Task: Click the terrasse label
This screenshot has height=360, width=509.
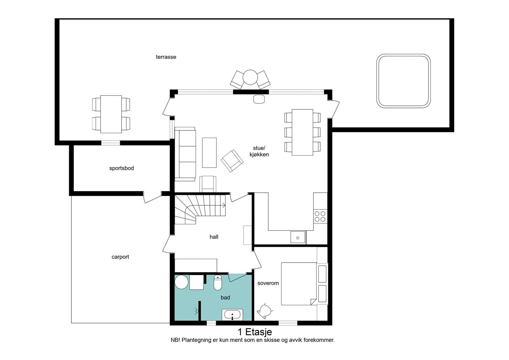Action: pyautogui.click(x=166, y=57)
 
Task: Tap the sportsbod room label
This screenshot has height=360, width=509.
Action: pyautogui.click(x=122, y=168)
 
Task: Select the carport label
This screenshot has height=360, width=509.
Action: pyautogui.click(x=120, y=257)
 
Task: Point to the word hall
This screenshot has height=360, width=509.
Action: pyautogui.click(x=214, y=237)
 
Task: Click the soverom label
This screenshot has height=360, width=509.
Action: pyautogui.click(x=268, y=283)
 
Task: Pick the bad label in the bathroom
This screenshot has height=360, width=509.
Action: pyautogui.click(x=225, y=297)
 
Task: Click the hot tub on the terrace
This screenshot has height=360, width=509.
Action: pyautogui.click(x=403, y=81)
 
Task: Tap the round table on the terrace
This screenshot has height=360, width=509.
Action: pyautogui.click(x=250, y=77)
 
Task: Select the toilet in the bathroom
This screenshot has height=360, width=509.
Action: pyautogui.click(x=218, y=283)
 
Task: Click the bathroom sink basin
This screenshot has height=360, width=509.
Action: pyautogui.click(x=232, y=315)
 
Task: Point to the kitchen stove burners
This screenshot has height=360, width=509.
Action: pyautogui.click(x=320, y=216)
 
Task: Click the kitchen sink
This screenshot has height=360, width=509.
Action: pyautogui.click(x=298, y=237)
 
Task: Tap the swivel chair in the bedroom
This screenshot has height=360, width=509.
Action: pyautogui.click(x=265, y=311)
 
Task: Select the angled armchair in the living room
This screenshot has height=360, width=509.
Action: pyautogui.click(x=232, y=161)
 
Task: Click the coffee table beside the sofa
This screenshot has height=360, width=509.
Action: pyautogui.click(x=209, y=153)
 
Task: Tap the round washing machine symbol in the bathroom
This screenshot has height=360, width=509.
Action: pyautogui.click(x=181, y=282)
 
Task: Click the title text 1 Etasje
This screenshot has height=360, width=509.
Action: pyautogui.click(x=255, y=332)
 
